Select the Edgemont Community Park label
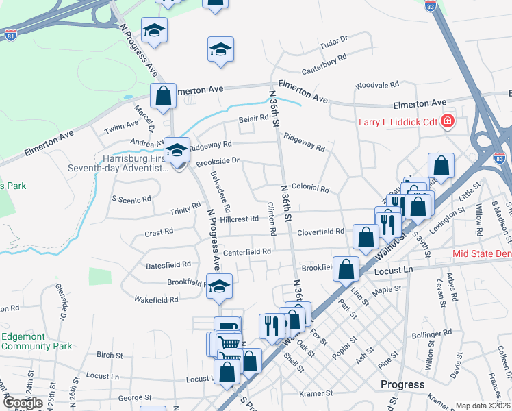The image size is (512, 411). tap(36, 341)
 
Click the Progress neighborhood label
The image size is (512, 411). tap(402, 384)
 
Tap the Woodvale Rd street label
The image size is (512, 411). tap(376, 86)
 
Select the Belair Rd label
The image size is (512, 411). tap(253, 119)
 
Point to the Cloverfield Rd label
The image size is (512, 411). tap(320, 232)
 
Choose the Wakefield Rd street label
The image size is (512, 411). tap(156, 299)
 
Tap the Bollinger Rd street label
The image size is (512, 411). tap(432, 333)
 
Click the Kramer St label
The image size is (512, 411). tap(316, 394)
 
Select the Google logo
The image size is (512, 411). tap(23, 403)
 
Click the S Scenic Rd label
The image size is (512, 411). tap(131, 200)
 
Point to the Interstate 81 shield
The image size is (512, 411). tap(11, 34)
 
